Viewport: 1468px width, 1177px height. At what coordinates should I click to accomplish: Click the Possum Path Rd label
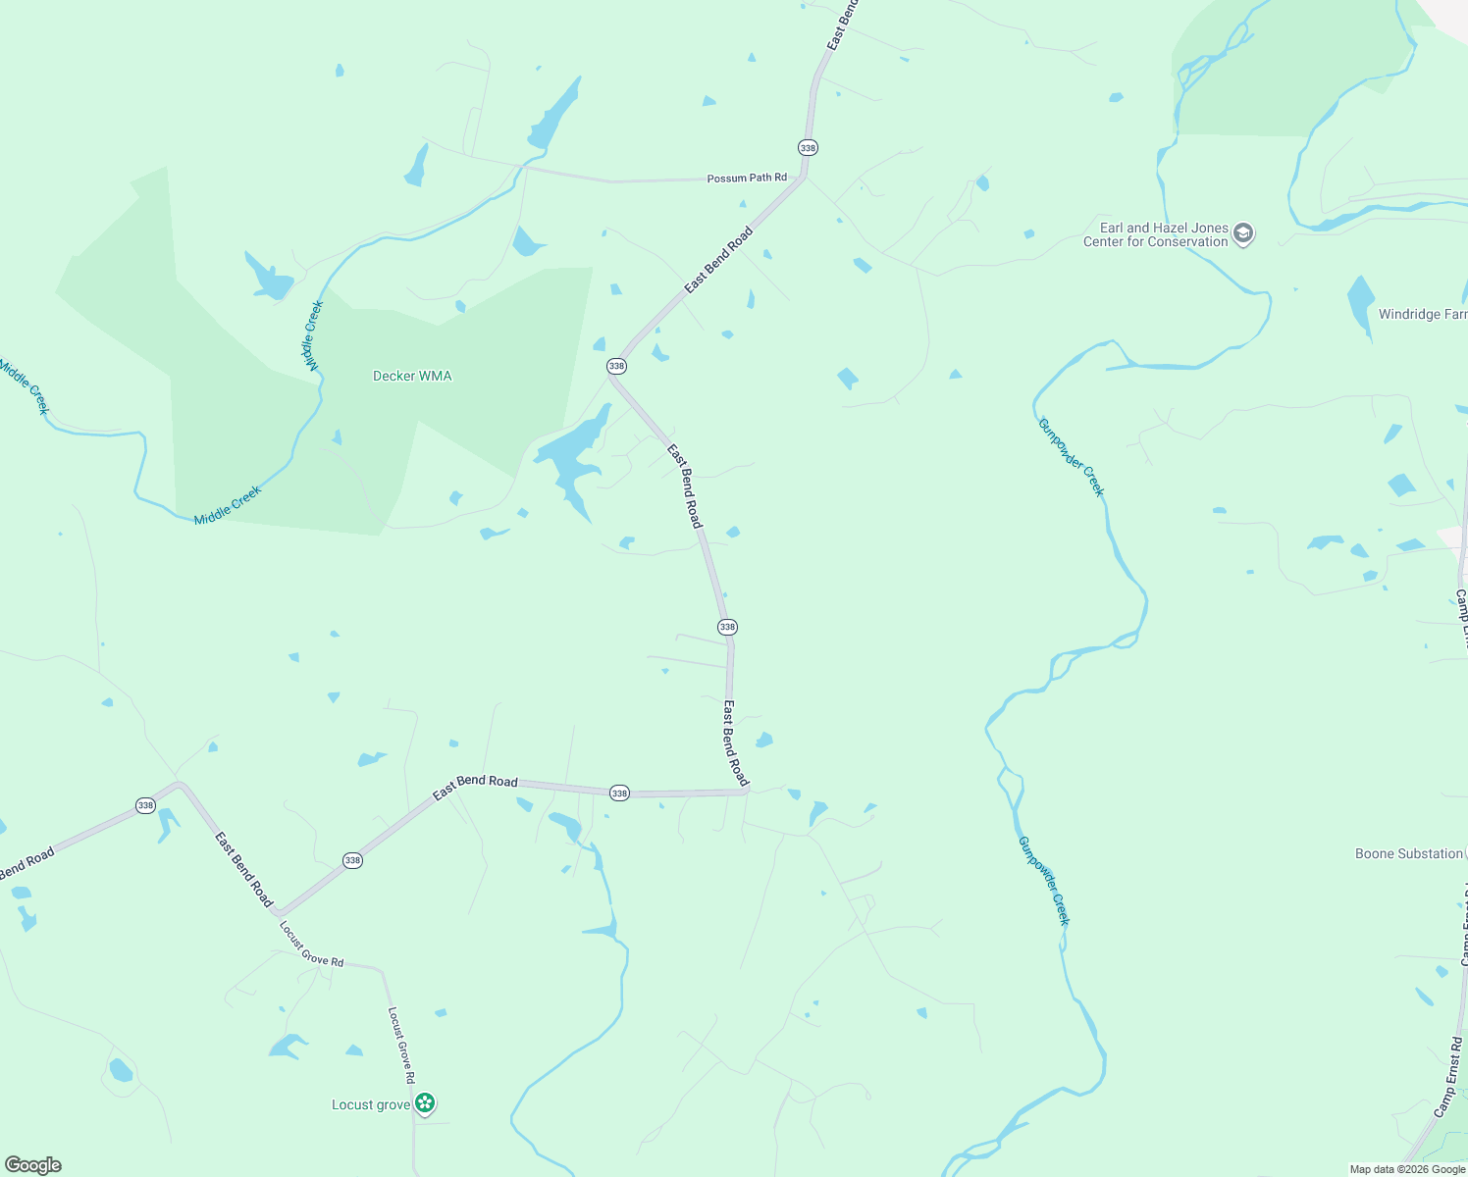tap(747, 178)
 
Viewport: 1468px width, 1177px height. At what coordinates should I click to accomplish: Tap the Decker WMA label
tap(412, 376)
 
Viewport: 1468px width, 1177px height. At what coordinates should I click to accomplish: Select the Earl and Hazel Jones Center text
tap(1156, 234)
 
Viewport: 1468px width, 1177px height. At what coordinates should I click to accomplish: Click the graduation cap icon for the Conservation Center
tap(1243, 234)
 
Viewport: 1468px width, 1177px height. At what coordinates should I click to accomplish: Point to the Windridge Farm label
tap(1422, 314)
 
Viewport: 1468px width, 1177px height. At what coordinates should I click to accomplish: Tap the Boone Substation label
tap(1408, 853)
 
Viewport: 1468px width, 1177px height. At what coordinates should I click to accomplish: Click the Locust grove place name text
tap(371, 1104)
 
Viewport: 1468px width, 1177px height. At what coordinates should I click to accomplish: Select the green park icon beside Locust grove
tap(425, 1104)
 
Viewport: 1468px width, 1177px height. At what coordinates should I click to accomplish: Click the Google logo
tap(33, 1164)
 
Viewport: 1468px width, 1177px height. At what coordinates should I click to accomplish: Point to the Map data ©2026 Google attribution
tap(1406, 1169)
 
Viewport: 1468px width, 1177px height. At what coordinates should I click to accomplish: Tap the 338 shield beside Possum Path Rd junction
tap(808, 147)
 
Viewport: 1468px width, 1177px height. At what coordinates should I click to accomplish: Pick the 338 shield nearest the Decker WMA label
tap(616, 366)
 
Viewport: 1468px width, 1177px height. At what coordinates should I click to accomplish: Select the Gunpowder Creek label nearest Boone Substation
tap(1044, 880)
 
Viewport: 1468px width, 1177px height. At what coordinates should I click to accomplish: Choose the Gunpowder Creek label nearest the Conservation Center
tap(1072, 457)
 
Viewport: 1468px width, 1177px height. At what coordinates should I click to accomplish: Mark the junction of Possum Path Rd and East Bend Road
tap(804, 178)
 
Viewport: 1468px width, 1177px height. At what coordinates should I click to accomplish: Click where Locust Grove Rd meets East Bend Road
tap(278, 912)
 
